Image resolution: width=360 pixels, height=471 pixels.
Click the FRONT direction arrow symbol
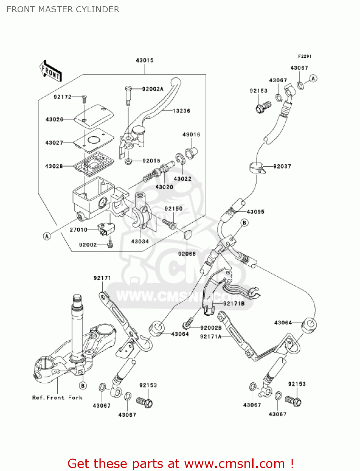point(51,71)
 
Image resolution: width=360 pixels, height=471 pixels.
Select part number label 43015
point(144,60)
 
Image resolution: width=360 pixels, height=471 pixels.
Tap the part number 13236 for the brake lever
point(181,111)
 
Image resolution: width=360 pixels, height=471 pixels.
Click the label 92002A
point(153,89)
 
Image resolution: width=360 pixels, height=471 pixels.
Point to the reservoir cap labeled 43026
point(94,116)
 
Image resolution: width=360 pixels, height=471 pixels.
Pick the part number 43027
point(54,143)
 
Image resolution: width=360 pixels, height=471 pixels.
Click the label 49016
point(191,135)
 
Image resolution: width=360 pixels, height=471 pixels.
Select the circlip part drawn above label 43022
point(180,159)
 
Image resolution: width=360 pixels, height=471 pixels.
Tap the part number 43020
point(164,187)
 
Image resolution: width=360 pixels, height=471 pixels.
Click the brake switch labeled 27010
point(106,229)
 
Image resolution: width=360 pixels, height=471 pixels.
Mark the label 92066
point(187,254)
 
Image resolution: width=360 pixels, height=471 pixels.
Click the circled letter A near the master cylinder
point(47,236)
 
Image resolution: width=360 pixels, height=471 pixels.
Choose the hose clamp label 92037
point(282,166)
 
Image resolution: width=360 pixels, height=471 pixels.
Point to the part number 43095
point(255,212)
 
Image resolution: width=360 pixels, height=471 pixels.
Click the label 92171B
point(234,304)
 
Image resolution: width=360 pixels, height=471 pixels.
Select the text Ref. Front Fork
point(57,398)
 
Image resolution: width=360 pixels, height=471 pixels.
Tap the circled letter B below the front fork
point(83,386)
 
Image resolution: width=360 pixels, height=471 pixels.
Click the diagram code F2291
point(304,56)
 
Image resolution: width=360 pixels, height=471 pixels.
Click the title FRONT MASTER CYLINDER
point(63,9)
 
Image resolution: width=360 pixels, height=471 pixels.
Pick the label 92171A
point(211,337)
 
